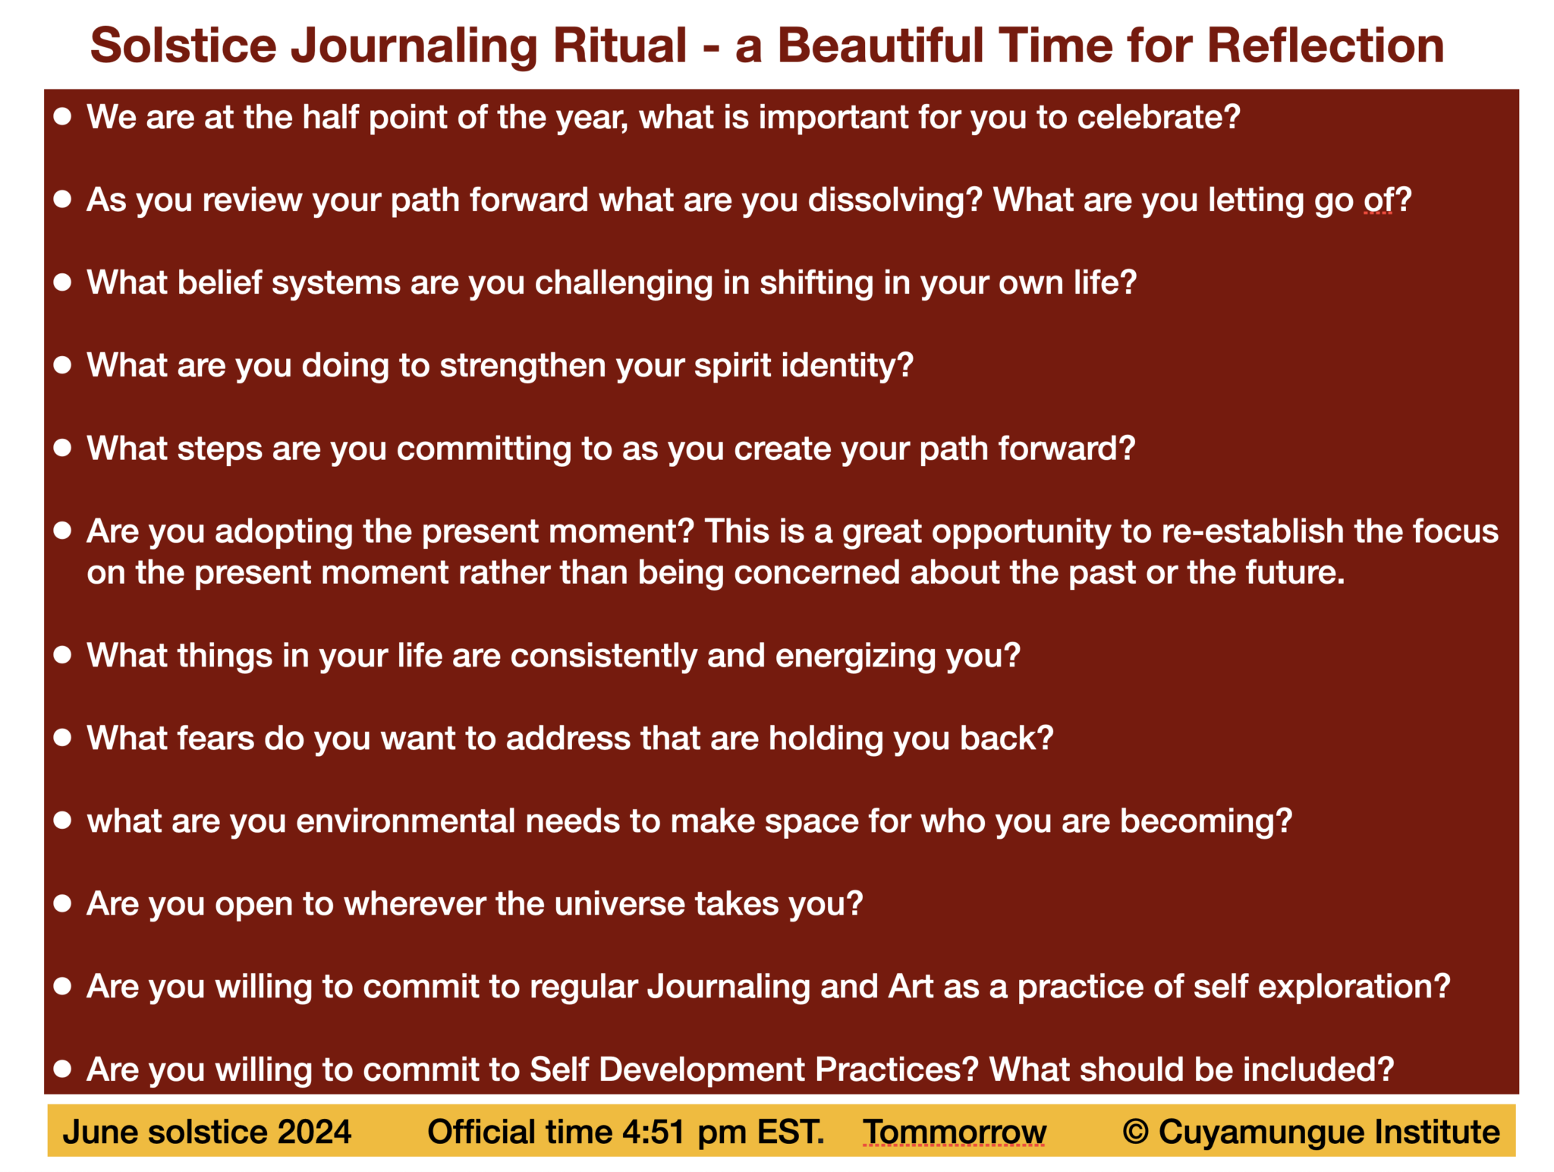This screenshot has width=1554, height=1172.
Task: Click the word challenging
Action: point(623,283)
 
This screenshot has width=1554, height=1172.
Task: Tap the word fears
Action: point(216,738)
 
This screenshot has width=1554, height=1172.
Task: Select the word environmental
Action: point(406,821)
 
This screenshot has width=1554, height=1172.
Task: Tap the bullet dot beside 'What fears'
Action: point(63,737)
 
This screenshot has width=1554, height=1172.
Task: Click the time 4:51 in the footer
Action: point(654,1132)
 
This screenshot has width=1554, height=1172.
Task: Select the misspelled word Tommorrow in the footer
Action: point(954,1132)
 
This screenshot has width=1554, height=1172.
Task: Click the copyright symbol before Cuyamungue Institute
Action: point(1135,1132)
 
